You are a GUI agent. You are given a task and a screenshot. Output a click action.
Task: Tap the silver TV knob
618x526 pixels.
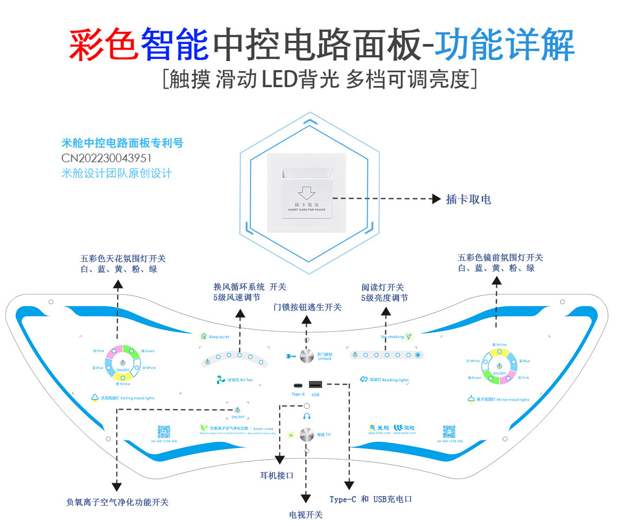pos(306,434)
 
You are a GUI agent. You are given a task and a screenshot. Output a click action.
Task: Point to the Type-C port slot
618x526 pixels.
pos(298,386)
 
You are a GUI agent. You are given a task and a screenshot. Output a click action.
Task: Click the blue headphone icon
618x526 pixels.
pos(307,417)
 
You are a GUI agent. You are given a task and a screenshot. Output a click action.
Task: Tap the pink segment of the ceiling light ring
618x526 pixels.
pos(114,349)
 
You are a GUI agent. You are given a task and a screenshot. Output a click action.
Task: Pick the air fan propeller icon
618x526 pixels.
pos(221,380)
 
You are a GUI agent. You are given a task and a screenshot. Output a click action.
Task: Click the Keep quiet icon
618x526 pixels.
pos(204,336)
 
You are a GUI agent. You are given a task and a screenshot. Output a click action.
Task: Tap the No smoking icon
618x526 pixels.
pos(409,336)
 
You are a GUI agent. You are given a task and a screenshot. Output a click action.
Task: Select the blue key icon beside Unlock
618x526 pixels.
pos(291,356)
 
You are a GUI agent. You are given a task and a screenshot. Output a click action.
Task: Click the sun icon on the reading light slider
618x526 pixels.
pos(418,355)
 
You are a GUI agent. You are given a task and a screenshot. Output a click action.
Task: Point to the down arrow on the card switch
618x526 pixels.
pos(306,192)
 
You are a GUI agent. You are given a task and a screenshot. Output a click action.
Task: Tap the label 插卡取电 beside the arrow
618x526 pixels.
pos(469,199)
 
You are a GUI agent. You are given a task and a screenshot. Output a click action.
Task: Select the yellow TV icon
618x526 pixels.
pos(290,434)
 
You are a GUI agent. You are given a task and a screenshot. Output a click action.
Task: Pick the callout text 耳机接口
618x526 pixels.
pos(277,476)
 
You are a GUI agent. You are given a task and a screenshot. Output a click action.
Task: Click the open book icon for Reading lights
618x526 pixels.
pos(364,380)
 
